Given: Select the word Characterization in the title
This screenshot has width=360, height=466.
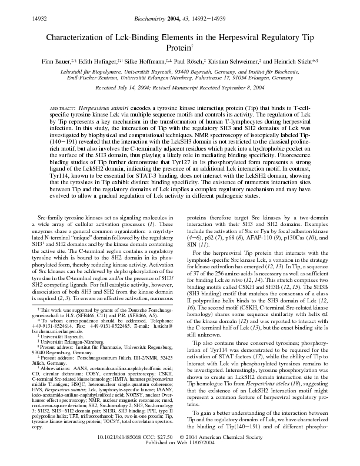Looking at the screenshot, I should [73, 36].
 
